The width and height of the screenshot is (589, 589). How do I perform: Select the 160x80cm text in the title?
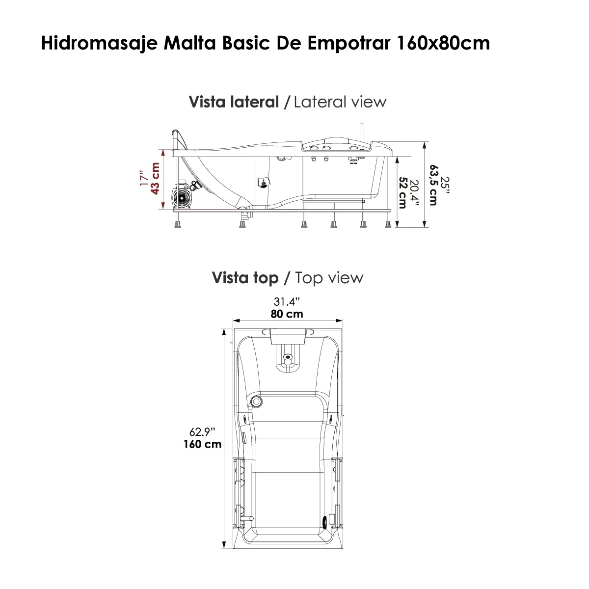click(441, 43)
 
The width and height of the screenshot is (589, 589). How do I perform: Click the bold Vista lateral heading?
click(234, 102)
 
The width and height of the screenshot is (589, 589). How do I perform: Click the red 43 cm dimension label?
click(156, 179)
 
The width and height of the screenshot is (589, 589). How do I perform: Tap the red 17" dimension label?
click(143, 179)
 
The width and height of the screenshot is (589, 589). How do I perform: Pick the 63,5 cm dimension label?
click(432, 185)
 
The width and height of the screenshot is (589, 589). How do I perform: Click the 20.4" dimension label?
click(415, 192)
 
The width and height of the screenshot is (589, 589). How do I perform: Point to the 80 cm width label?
click(287, 314)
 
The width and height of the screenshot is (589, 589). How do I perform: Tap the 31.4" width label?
click(287, 301)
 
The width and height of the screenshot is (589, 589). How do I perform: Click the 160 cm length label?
click(201, 444)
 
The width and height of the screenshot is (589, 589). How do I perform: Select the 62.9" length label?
click(202, 432)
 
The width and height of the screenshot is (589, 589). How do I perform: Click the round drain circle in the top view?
click(256, 402)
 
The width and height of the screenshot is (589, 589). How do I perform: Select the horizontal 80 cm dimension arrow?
click(288, 320)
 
